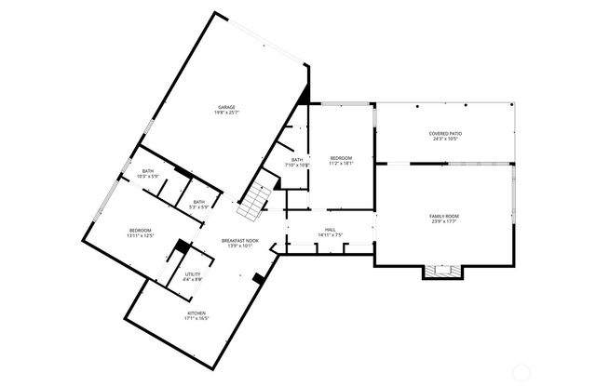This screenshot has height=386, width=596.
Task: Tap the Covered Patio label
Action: (444, 133)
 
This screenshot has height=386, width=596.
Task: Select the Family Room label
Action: (444, 216)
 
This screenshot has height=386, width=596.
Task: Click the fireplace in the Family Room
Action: (442, 272)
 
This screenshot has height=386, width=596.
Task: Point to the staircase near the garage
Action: (253, 201)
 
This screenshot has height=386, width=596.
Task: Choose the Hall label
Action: (331, 229)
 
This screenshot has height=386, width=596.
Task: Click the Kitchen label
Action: (196, 313)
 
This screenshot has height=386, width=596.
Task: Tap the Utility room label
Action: (193, 274)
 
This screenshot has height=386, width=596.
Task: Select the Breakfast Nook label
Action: (238, 241)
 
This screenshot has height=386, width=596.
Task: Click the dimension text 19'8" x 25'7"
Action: (226, 113)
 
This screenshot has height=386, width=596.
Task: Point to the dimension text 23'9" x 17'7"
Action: (444, 221)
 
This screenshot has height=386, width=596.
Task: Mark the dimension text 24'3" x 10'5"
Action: (444, 139)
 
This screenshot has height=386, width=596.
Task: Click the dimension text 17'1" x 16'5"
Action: (196, 319)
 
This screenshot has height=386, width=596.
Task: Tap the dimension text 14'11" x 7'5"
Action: (331, 234)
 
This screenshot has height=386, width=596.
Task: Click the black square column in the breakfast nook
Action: (257, 276)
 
